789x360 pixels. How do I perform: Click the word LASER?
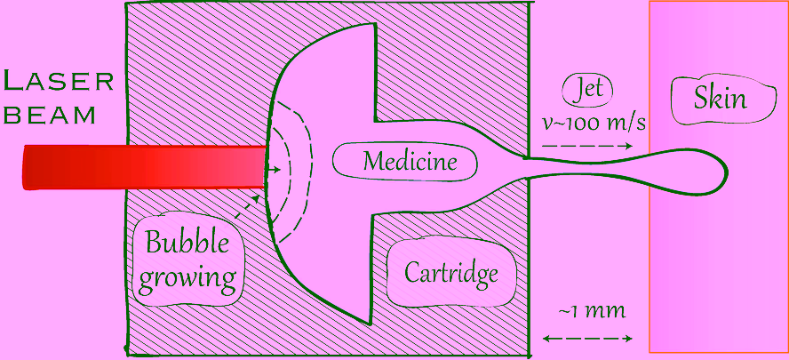click(x=58, y=81)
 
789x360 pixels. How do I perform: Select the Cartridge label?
click(x=450, y=274)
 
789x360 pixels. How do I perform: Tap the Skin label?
click(x=720, y=100)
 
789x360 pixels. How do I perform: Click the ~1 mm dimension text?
click(x=592, y=312)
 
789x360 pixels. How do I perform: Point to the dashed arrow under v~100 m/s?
click(x=587, y=146)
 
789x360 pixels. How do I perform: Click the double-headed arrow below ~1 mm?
click(x=587, y=339)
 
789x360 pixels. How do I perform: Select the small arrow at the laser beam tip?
click(x=274, y=170)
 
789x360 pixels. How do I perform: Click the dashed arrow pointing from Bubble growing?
click(x=248, y=207)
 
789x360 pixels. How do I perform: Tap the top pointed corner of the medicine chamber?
click(x=373, y=25)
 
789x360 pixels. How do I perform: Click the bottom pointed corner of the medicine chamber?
click(x=370, y=323)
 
